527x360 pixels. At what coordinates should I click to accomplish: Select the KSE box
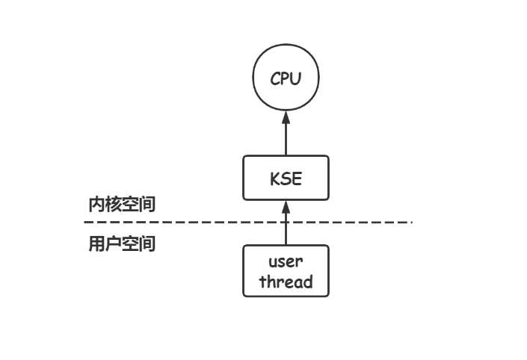coord(286,178)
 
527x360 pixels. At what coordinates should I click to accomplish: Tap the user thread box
coord(286,271)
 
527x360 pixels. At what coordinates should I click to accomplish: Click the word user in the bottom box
coord(286,262)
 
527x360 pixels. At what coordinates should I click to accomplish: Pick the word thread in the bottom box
coord(286,282)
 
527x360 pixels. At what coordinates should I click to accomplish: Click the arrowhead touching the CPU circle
coord(286,118)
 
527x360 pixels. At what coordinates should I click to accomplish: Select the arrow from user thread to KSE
coord(286,228)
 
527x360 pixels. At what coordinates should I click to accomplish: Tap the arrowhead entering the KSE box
coord(286,207)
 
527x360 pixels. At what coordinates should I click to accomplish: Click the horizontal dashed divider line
coord(187,223)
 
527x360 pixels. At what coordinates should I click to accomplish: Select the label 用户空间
coord(122,243)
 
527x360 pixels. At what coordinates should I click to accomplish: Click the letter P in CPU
coord(286,78)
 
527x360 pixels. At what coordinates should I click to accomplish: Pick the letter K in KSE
coord(274,179)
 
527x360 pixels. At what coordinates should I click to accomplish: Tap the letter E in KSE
coord(298,179)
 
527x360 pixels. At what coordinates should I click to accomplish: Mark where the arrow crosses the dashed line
coord(286,223)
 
